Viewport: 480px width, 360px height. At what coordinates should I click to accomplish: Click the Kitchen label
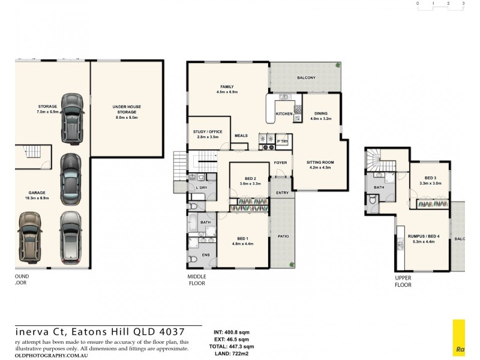pyautogui.click(x=284, y=113)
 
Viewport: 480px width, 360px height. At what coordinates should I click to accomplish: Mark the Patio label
pyautogui.click(x=283, y=236)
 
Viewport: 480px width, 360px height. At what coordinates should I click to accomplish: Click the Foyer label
pyautogui.click(x=280, y=163)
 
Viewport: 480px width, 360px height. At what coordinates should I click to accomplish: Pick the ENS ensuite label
pyautogui.click(x=205, y=255)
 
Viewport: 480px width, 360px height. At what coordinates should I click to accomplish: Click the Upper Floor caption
pyautogui.click(x=403, y=282)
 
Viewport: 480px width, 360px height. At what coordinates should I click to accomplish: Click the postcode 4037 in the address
pyautogui.click(x=173, y=331)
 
